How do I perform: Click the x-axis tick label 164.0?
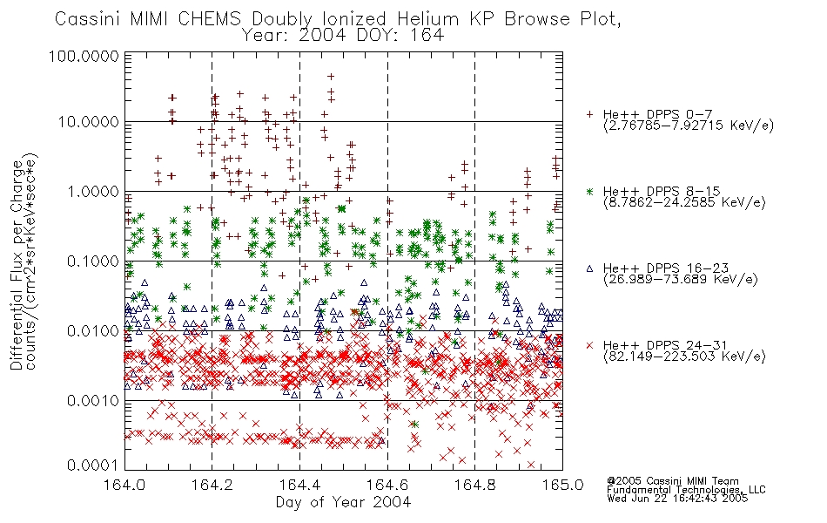[124, 485]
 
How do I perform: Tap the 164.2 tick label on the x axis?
[212, 485]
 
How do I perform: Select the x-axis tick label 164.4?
[299, 485]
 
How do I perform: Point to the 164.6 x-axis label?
[387, 485]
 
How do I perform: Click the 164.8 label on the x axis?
[474, 485]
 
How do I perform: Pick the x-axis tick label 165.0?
[562, 485]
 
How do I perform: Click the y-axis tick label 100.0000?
[84, 56]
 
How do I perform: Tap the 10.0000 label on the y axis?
[89, 122]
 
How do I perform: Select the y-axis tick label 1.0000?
[93, 191]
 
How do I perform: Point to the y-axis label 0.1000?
[93, 261]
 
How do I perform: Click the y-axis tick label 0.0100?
[93, 330]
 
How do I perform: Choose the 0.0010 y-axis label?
[93, 400]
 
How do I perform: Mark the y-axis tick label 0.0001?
[93, 465]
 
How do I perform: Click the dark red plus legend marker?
[589, 114]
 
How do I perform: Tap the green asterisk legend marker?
[589, 191]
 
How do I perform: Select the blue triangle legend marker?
[589, 268]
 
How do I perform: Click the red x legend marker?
[589, 345]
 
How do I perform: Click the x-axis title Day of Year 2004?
[343, 502]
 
